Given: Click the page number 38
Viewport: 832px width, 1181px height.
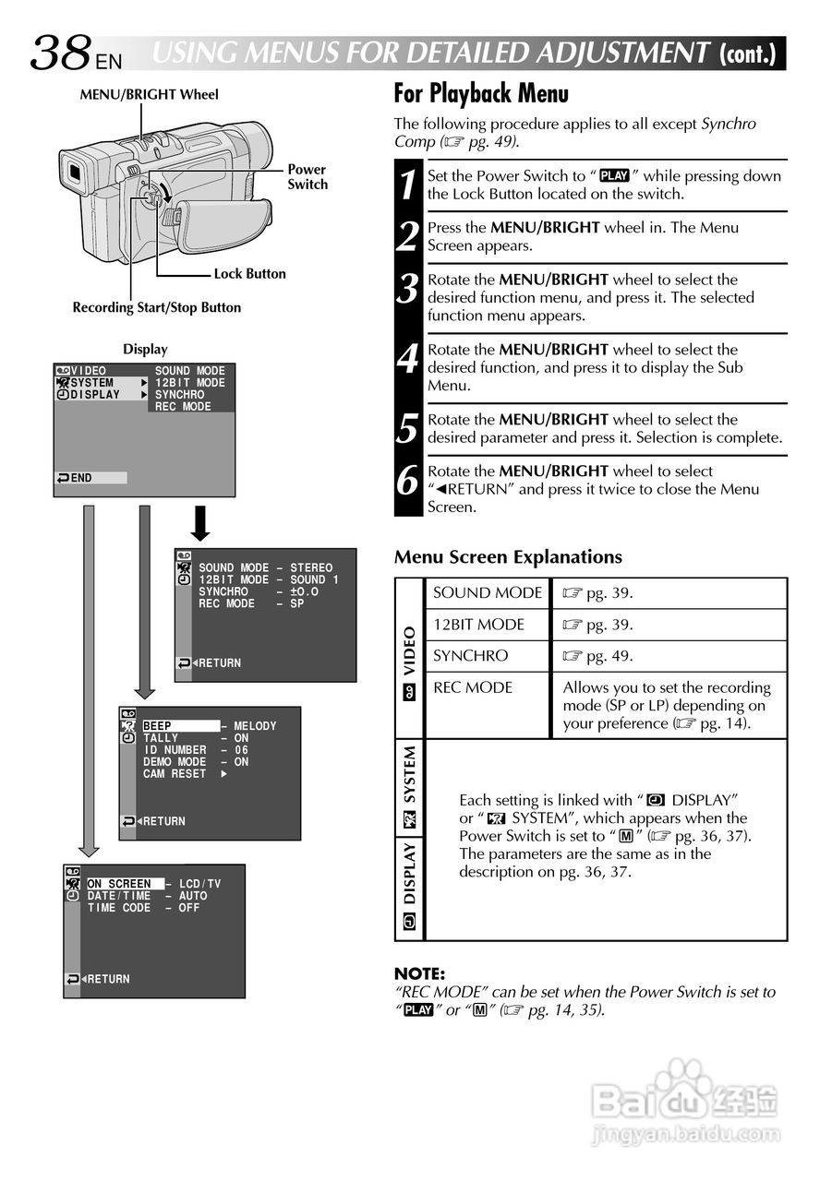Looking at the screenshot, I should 61,54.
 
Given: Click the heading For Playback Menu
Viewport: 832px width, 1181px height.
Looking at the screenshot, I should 481,94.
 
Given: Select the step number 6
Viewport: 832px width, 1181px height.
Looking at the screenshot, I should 408,481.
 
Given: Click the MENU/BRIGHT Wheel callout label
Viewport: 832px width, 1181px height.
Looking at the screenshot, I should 149,94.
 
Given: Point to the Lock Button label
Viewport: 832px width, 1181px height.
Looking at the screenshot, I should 249,274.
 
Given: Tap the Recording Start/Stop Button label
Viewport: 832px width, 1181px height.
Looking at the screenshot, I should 156,308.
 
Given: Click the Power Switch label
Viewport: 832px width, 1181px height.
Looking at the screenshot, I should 307,176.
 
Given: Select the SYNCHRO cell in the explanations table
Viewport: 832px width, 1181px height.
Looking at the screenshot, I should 471,656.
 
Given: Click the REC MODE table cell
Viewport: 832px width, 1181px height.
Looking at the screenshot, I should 473,687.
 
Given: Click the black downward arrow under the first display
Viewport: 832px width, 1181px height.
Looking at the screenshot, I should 200,523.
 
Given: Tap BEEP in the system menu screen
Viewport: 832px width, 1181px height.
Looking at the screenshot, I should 158,726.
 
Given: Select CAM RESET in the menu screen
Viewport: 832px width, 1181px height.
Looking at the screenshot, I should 175,774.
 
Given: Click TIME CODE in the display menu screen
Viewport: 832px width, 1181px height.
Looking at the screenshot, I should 119,908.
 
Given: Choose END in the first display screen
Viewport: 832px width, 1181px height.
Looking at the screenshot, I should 81,478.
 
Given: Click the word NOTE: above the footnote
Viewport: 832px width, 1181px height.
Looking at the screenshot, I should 419,973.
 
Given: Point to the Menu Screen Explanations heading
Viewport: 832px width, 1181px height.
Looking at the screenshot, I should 508,557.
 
